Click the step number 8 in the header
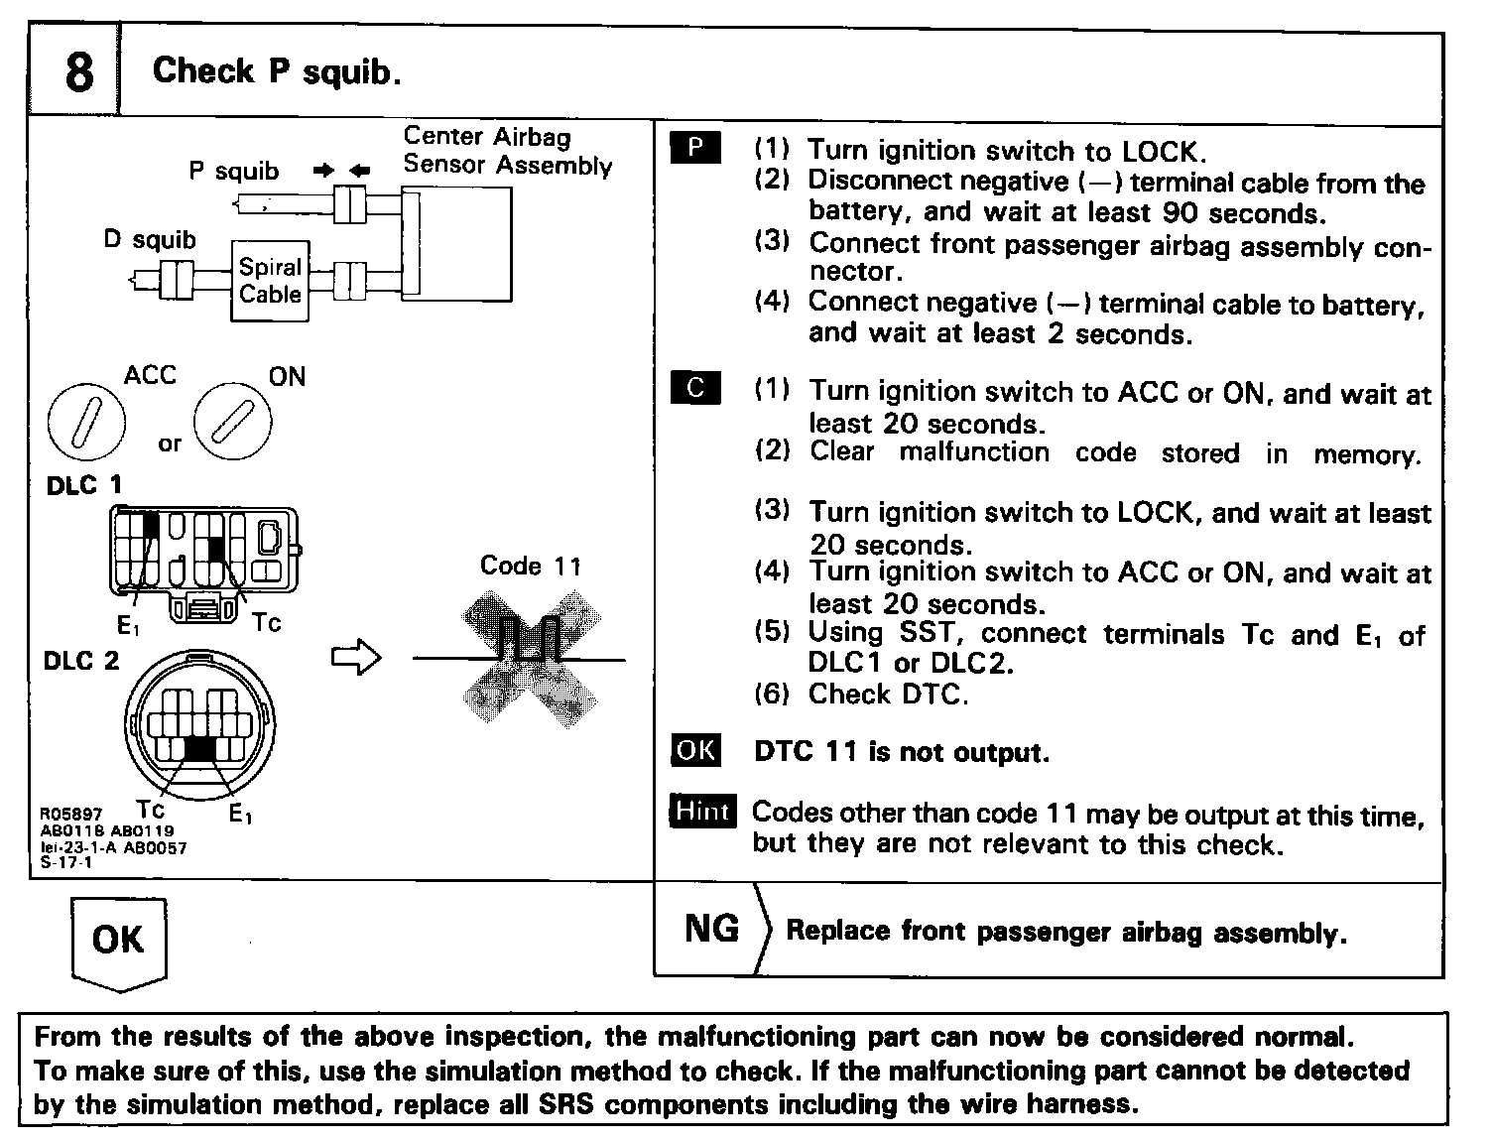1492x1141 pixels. pyautogui.click(x=79, y=73)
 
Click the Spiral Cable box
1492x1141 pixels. pyautogui.click(x=270, y=281)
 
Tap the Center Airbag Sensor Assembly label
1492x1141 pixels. pyautogui.click(x=507, y=151)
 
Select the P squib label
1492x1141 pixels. pyautogui.click(x=234, y=171)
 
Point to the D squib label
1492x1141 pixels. pyautogui.click(x=150, y=239)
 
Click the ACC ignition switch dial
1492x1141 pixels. pyautogui.click(x=87, y=421)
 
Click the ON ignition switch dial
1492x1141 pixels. pyautogui.click(x=232, y=421)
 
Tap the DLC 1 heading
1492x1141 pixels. pyautogui.click(x=83, y=485)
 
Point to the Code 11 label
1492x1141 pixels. pyautogui.click(x=530, y=566)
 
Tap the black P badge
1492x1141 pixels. pyautogui.click(x=696, y=148)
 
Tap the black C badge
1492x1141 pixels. pyautogui.click(x=696, y=387)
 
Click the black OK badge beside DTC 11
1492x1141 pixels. pyautogui.click(x=696, y=750)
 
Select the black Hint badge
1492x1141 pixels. pyautogui.click(x=702, y=811)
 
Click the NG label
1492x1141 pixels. pyautogui.click(x=711, y=929)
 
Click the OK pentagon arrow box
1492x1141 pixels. pyautogui.click(x=119, y=942)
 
